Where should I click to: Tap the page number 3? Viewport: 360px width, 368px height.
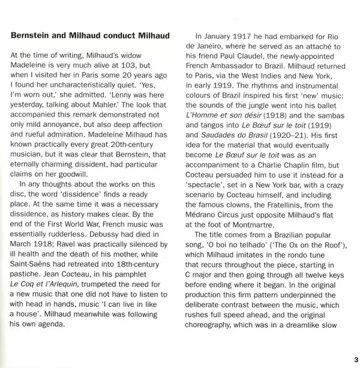tap(354, 358)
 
